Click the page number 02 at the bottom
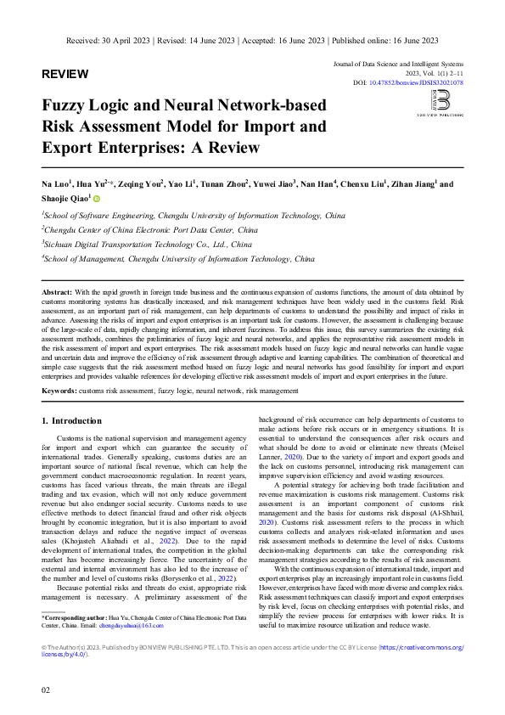(x=47, y=690)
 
